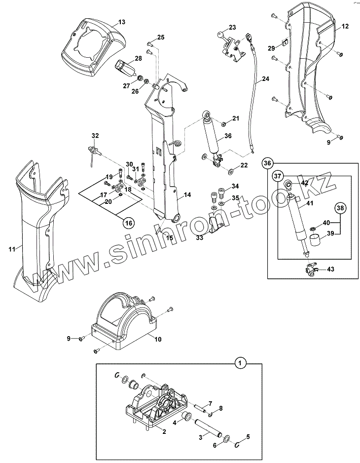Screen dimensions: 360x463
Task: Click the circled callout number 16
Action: coord(129,223)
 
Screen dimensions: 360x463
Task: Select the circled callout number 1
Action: coord(241,363)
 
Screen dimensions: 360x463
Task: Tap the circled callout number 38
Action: coord(340,208)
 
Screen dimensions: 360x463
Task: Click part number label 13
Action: coord(122,22)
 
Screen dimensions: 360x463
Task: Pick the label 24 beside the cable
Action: coord(265,79)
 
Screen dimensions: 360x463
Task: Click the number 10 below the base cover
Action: coord(158,339)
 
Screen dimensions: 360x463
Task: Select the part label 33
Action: coord(200,237)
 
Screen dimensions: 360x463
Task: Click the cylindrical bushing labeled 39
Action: coord(315,239)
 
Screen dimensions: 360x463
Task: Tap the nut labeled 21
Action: coord(223,123)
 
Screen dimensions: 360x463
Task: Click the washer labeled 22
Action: coord(231,170)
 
